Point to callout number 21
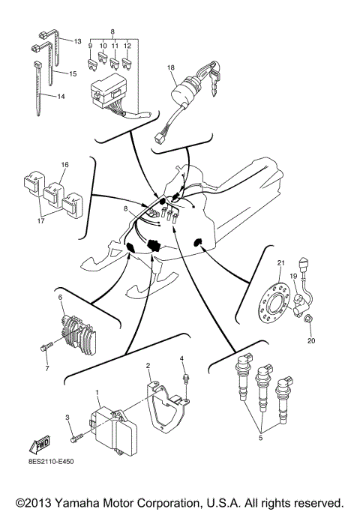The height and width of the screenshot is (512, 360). (281, 262)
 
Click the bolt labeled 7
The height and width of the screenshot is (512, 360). (44, 349)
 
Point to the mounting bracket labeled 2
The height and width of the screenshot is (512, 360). (166, 406)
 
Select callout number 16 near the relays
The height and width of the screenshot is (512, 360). (64, 163)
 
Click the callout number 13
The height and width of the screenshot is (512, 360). (76, 40)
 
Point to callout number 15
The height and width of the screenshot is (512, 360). (73, 74)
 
